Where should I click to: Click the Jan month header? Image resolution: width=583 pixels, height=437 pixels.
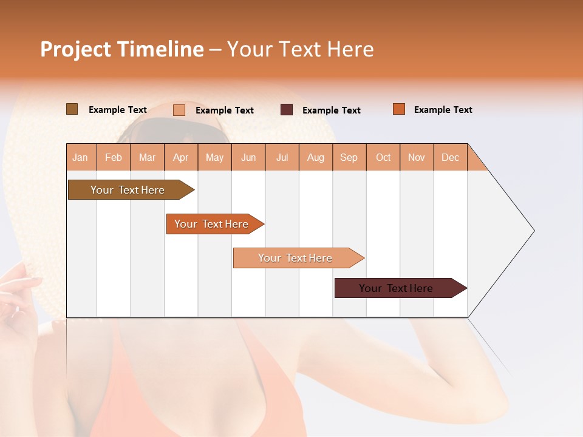pos(80,157)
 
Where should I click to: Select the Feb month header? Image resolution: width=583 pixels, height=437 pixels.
pos(114,157)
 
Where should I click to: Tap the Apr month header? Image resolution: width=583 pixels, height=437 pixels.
pos(181,157)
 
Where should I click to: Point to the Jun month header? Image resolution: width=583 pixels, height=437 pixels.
pos(248,157)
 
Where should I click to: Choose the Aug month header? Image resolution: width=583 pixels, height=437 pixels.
pos(316,157)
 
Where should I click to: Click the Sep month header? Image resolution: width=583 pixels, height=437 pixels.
pos(349,157)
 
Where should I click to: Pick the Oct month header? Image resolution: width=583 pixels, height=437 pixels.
pos(383,157)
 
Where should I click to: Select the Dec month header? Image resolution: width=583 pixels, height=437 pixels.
pos(451,157)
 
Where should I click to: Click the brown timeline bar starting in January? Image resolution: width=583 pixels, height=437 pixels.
pos(128,190)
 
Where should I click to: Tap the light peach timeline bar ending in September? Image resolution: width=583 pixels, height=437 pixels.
pos(295,258)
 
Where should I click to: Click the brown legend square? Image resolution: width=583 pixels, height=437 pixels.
pos(72,109)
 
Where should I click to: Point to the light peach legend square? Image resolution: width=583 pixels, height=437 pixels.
pos(179,110)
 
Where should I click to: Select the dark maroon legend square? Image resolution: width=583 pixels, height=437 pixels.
pos(287,110)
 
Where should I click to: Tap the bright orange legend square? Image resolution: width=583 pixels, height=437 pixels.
pos(398,109)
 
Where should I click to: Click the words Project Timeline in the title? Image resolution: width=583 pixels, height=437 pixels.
pos(121,49)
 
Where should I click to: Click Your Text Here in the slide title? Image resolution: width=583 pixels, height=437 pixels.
pos(300,49)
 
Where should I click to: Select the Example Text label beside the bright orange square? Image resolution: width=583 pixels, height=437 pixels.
pos(443,110)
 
